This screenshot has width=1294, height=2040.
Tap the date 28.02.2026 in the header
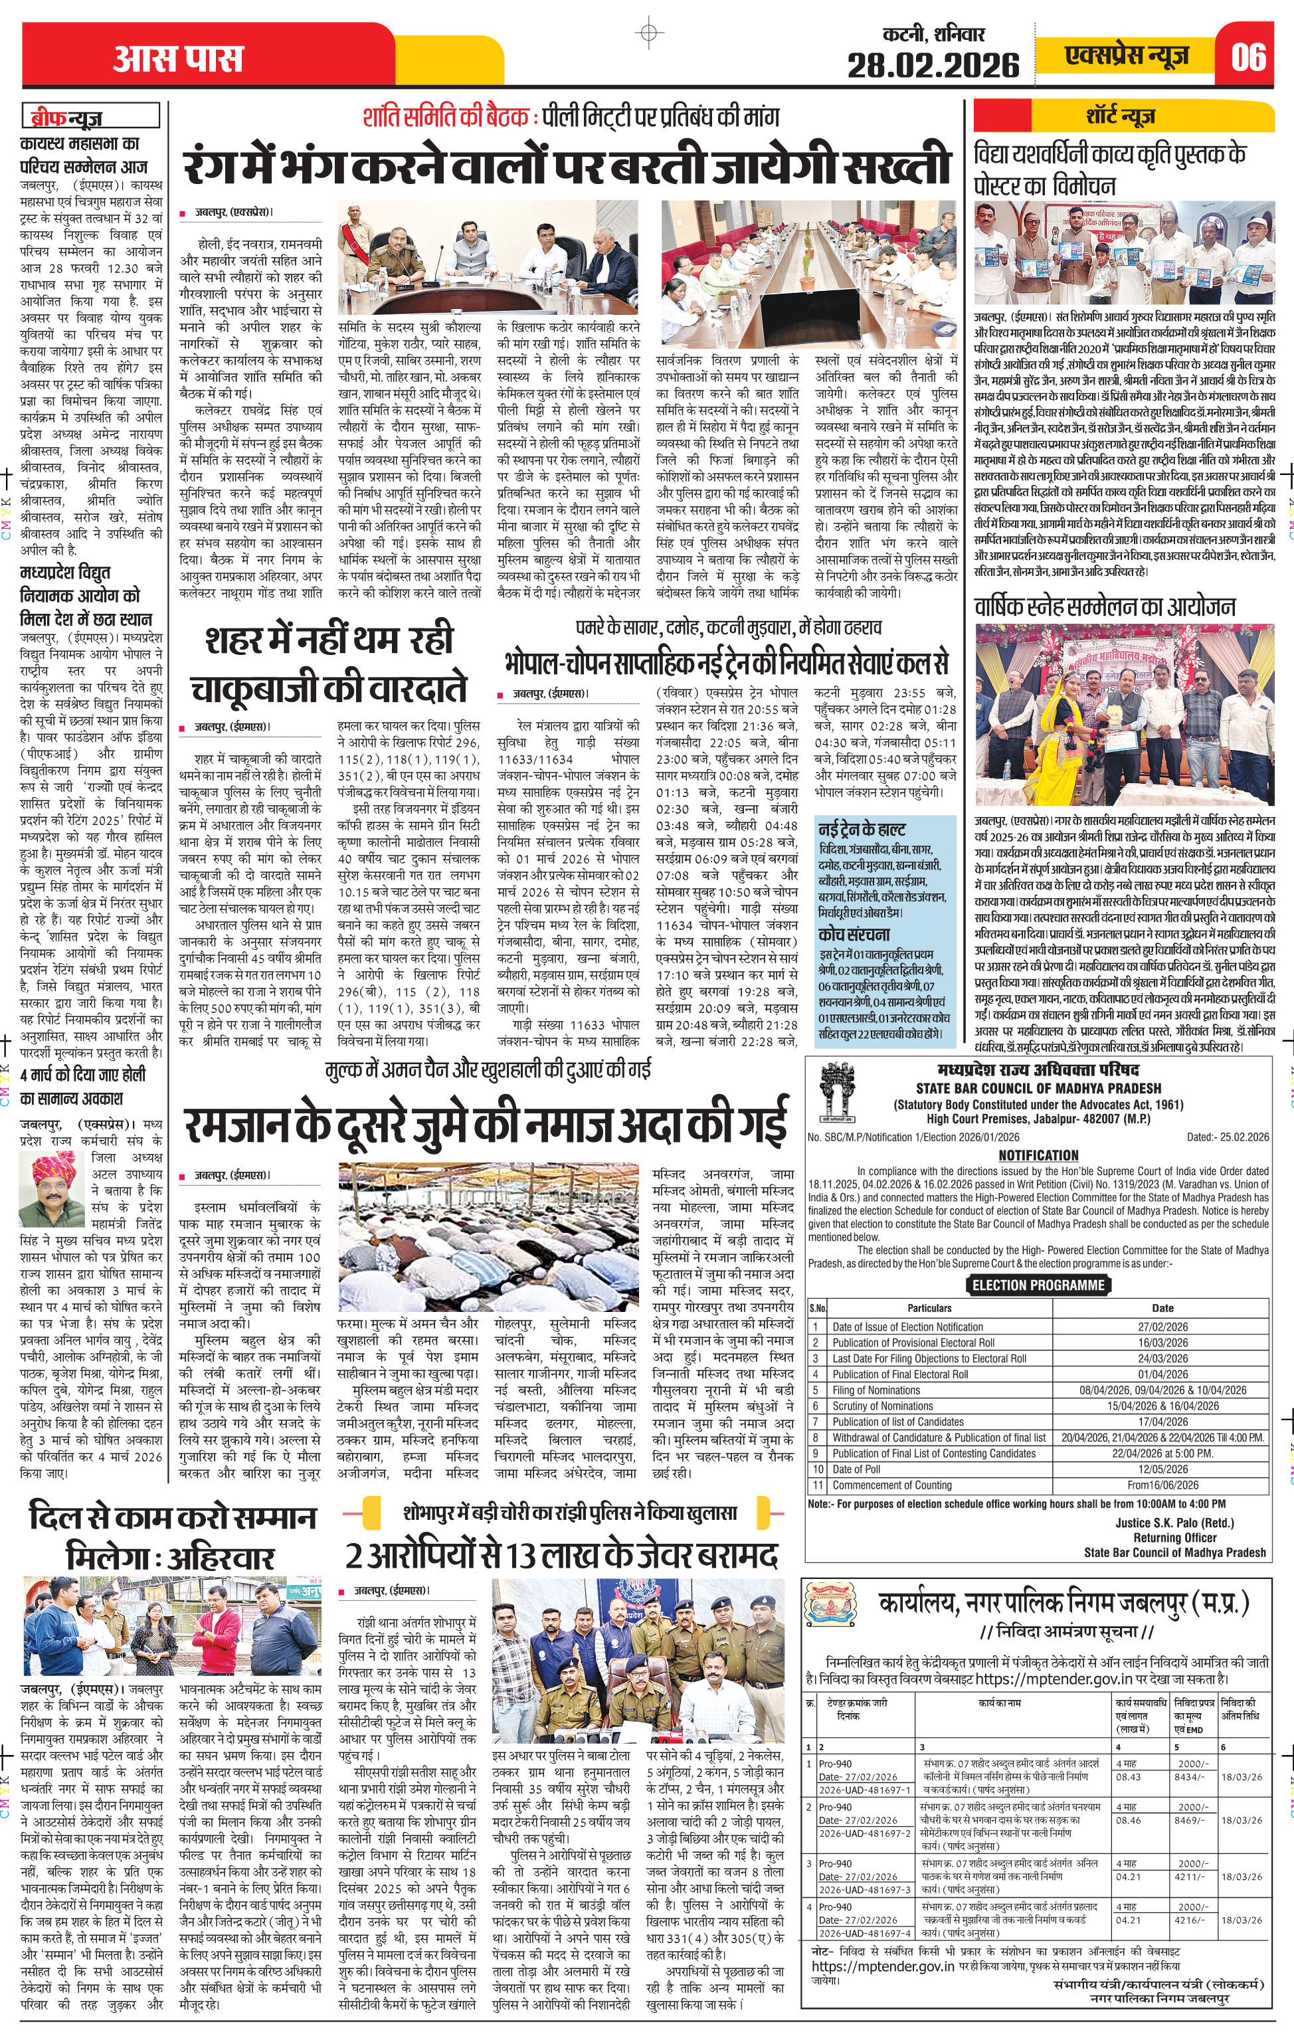click(933, 64)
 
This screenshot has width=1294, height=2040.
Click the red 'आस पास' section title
click(178, 58)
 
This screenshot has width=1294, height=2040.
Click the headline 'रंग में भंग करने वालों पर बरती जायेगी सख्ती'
click(566, 167)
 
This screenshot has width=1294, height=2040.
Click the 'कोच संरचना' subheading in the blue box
click(854, 935)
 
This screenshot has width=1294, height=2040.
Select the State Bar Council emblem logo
click(837, 1093)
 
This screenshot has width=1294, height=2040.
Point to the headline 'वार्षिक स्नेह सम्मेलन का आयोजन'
click(1104, 606)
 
